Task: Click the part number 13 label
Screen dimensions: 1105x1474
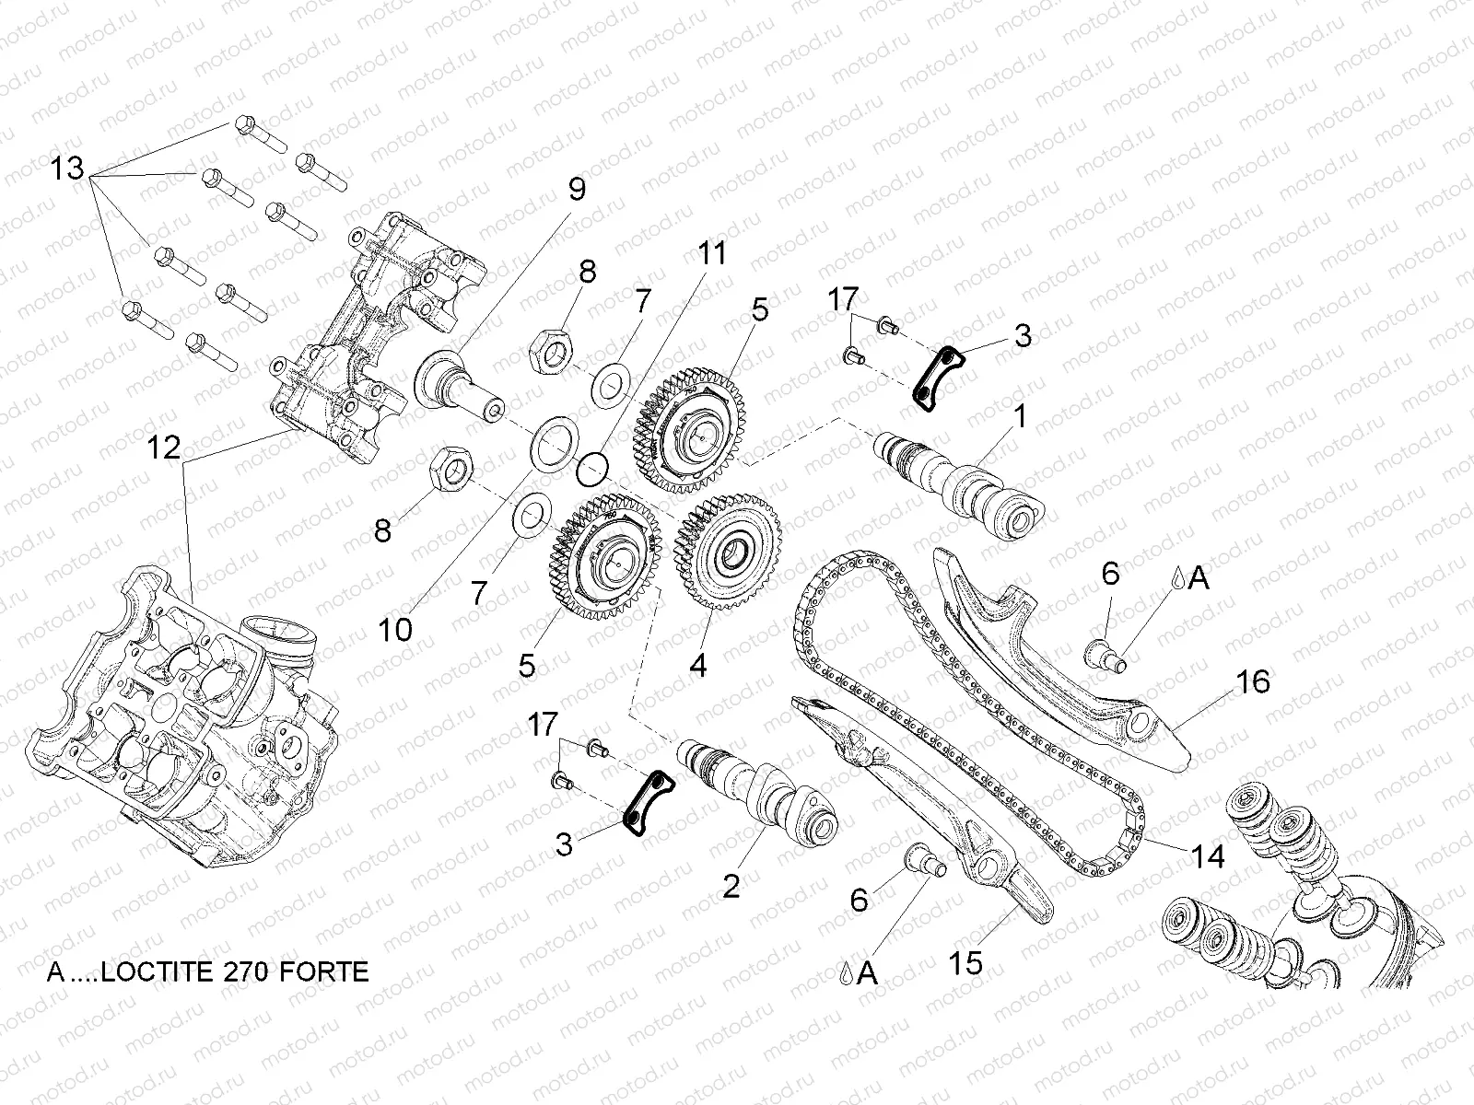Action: click(x=67, y=169)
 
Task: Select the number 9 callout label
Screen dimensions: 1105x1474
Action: click(x=576, y=190)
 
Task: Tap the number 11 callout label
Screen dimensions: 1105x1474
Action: click(x=711, y=254)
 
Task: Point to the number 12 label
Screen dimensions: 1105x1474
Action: click(x=165, y=448)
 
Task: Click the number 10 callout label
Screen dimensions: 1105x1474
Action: click(x=394, y=630)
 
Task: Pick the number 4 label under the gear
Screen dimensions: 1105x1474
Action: click(x=698, y=665)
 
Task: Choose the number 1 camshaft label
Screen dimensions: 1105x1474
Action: click(x=1019, y=417)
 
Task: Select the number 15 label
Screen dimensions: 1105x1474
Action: click(x=966, y=962)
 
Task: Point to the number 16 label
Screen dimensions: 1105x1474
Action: click(x=1254, y=681)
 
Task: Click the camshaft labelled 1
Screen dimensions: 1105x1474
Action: click(x=958, y=479)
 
